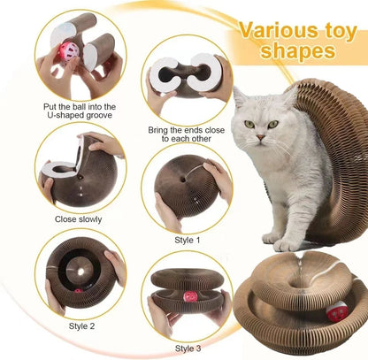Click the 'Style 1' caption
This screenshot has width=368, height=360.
click(x=187, y=239)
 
